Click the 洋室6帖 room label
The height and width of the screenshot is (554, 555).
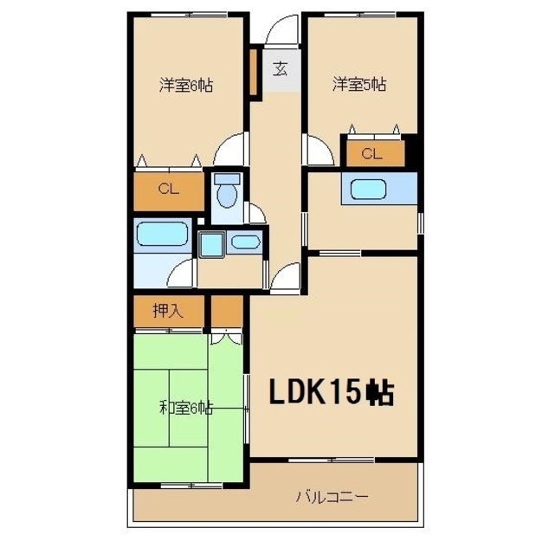tap(186, 85)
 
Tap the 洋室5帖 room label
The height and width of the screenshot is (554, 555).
tap(359, 84)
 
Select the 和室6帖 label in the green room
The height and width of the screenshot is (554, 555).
tap(186, 408)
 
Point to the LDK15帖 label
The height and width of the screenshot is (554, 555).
tap(332, 391)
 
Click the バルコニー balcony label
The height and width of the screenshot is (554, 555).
tap(332, 497)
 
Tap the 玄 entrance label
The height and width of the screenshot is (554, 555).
tap(281, 68)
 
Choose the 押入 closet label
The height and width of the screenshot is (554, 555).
tap(168, 311)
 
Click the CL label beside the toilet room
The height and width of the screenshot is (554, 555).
tap(169, 189)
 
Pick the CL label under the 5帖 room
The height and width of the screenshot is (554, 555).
tap(371, 153)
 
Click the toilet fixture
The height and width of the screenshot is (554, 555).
tap(227, 191)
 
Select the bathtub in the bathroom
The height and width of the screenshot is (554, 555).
tap(163, 234)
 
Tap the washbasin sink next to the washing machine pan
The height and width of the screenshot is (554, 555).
tap(245, 242)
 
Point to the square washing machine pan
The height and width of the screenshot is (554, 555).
tap(211, 244)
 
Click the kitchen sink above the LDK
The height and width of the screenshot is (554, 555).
tap(368, 190)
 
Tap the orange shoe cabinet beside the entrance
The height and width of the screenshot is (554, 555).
tap(253, 72)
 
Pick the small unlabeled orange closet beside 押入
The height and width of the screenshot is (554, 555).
tap(227, 312)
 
